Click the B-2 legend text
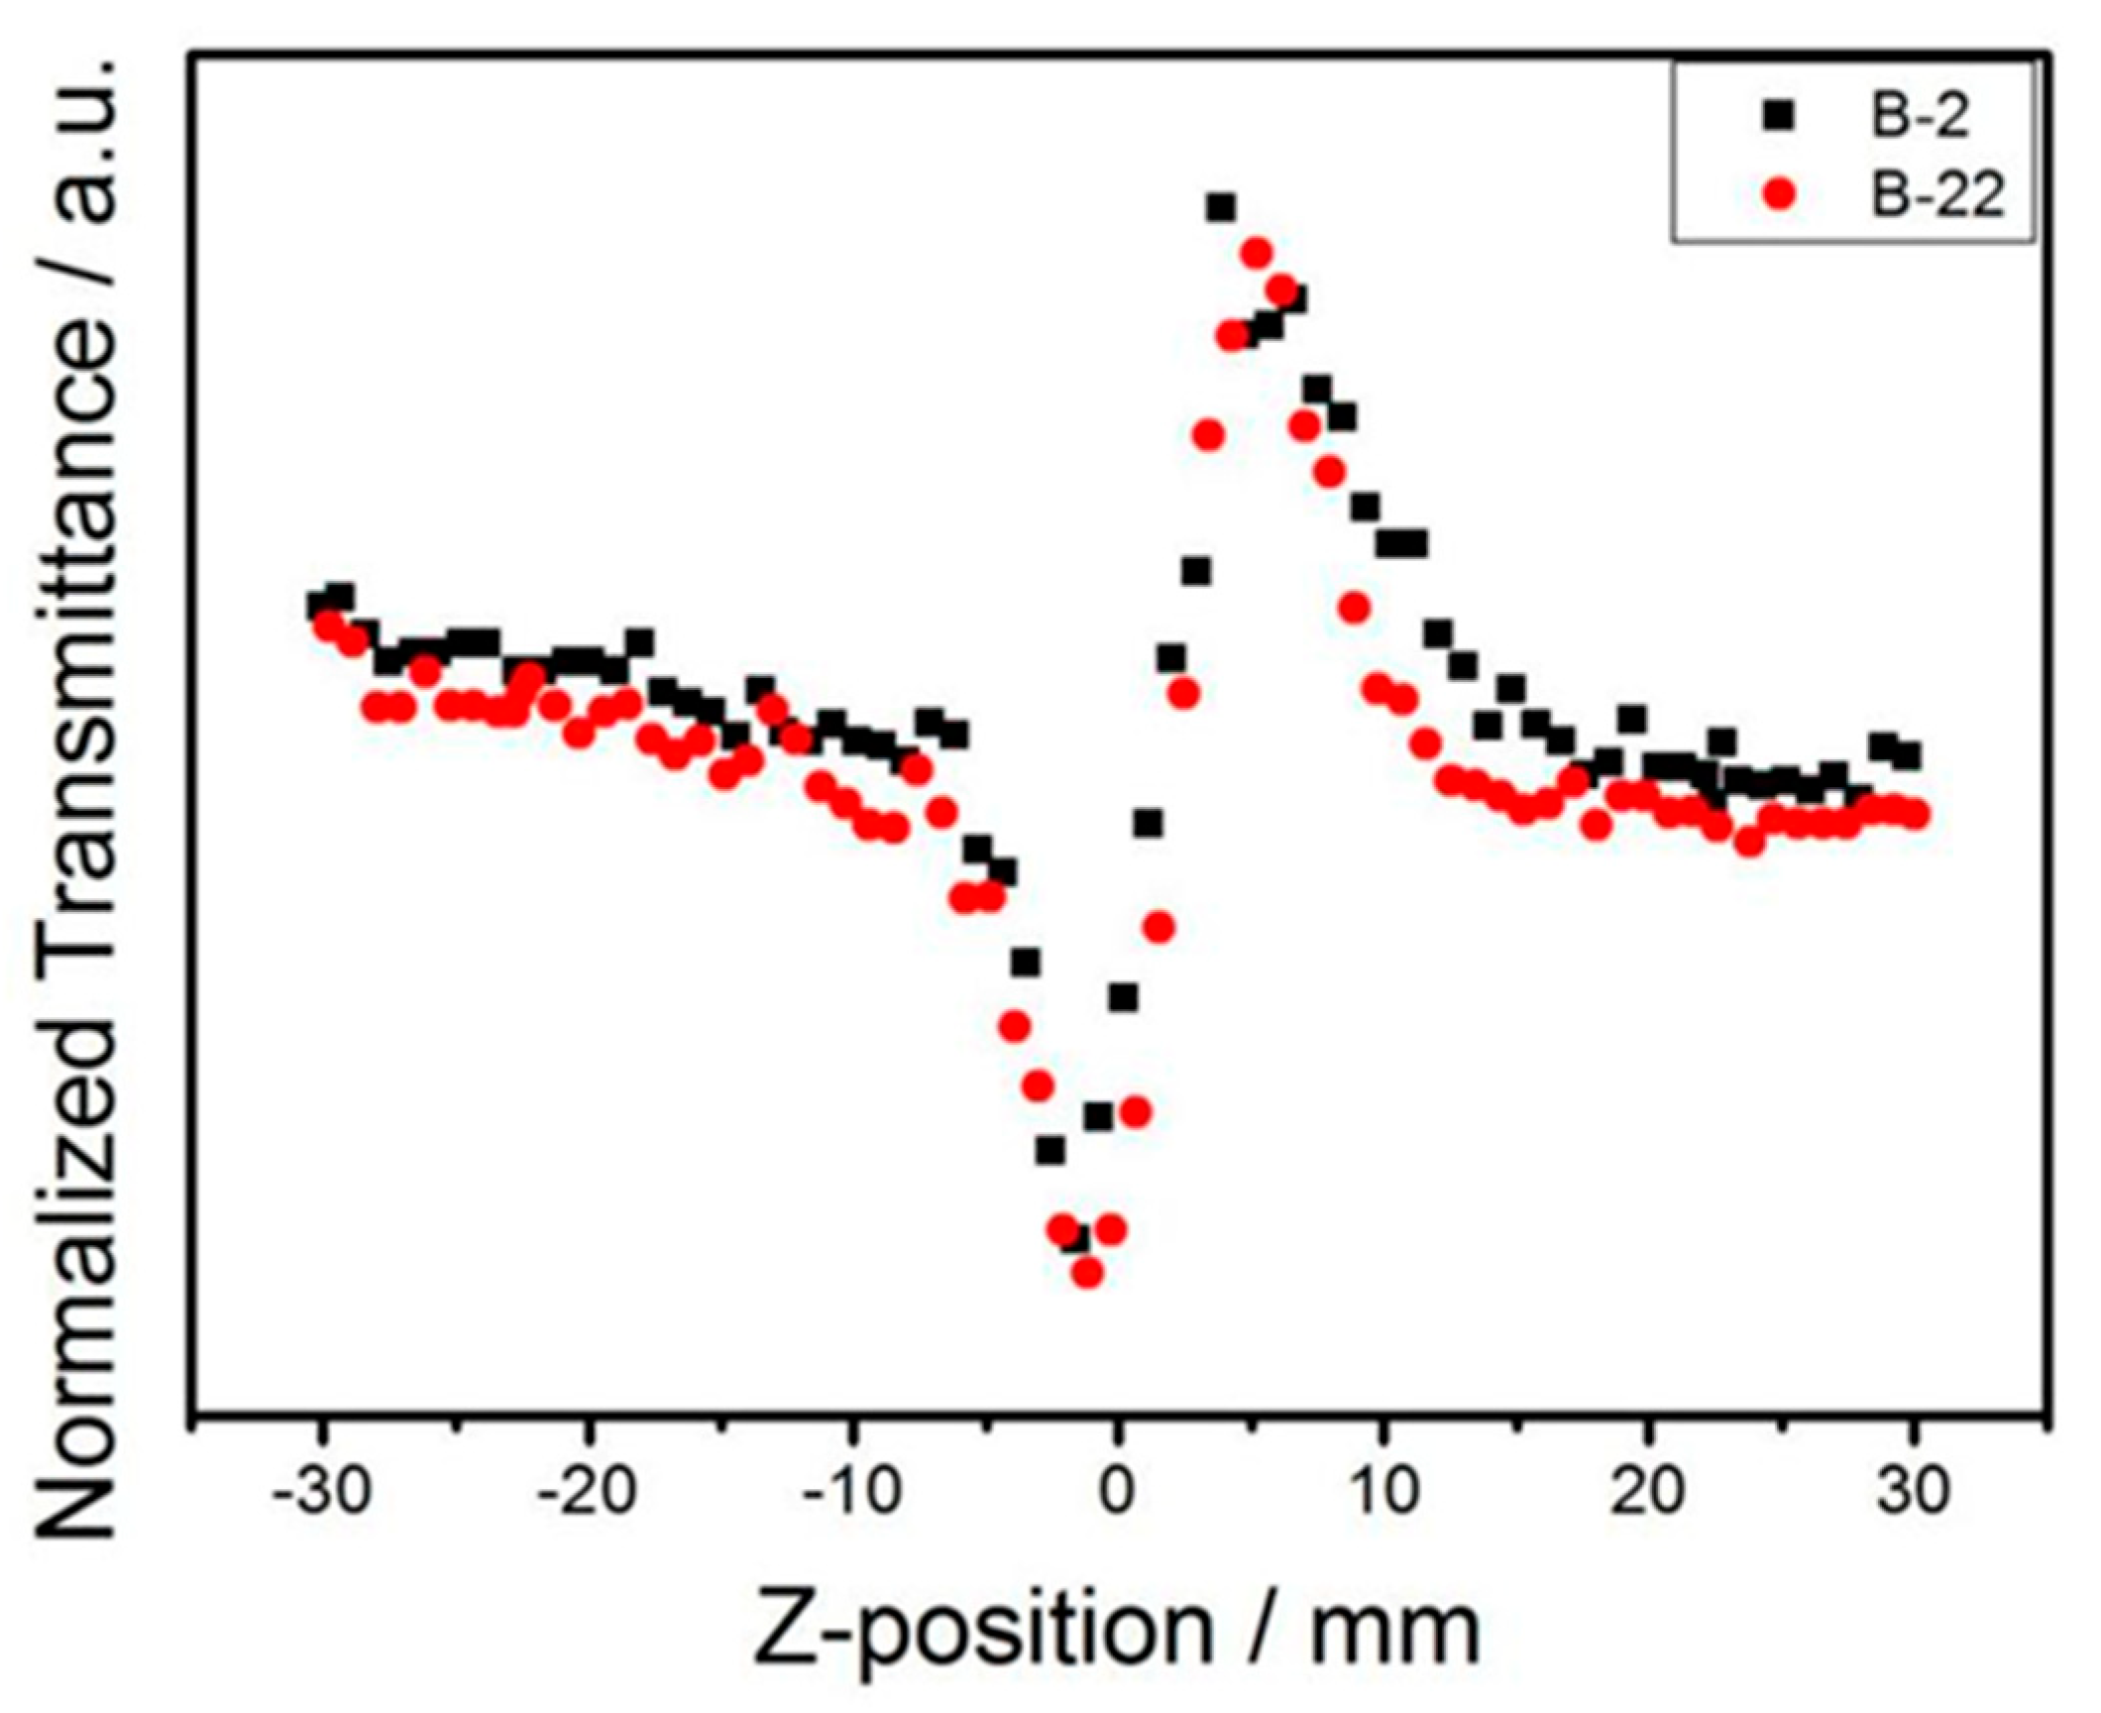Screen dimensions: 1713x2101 1915,117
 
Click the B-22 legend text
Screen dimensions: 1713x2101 1935,196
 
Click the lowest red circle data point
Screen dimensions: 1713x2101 1087,1272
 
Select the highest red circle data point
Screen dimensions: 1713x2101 1256,253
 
